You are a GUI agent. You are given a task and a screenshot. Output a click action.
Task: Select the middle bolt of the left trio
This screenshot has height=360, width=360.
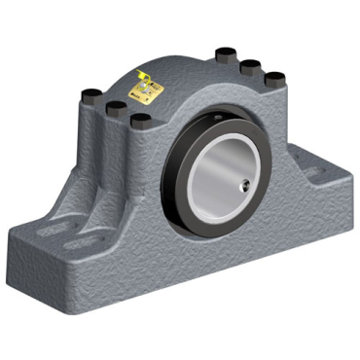pos(114,105)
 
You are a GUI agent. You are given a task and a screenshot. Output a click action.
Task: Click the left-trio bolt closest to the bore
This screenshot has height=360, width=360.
pos(141,120)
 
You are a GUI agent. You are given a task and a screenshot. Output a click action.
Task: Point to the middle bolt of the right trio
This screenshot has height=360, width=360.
pos(250,67)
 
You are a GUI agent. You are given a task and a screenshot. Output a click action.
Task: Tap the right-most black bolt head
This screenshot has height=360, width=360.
pos(275,78)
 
